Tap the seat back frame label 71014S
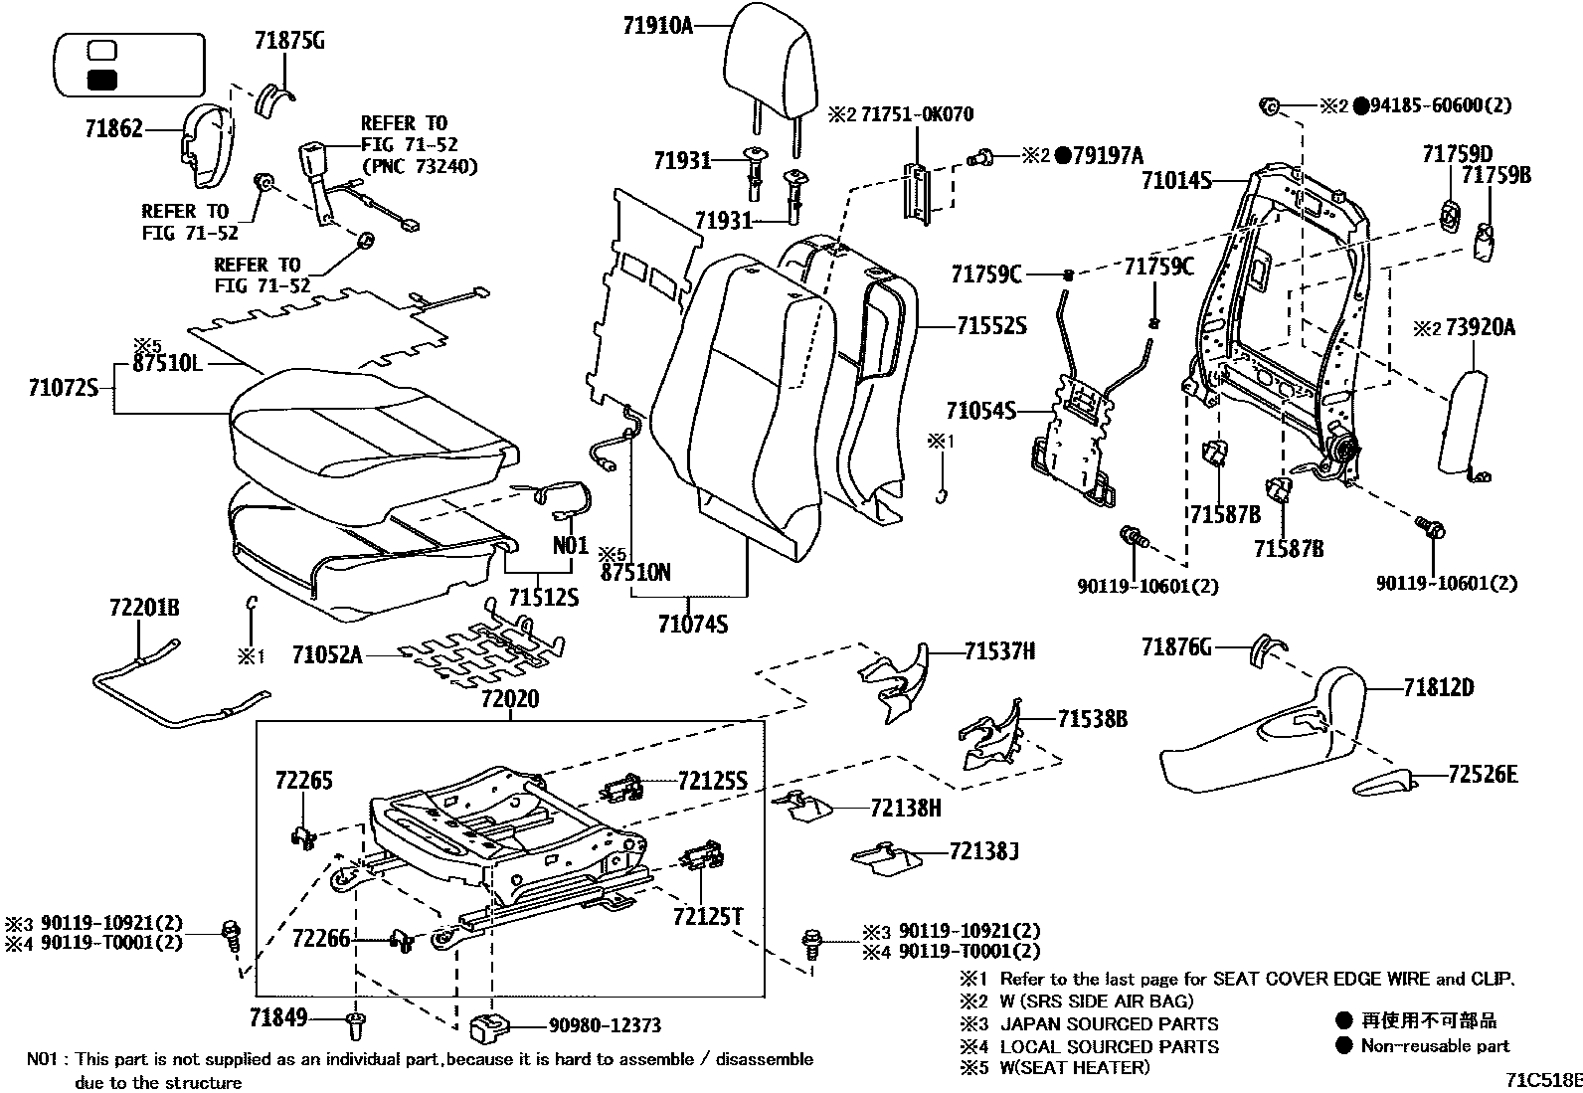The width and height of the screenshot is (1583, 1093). (x=1176, y=181)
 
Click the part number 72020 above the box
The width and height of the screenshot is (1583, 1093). (x=510, y=699)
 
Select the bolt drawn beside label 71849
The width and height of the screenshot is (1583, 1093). (x=356, y=1021)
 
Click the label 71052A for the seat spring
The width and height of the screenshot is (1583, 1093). (x=327, y=654)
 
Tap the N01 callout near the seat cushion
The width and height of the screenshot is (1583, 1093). (x=571, y=546)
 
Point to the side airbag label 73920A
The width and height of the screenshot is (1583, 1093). (x=1480, y=327)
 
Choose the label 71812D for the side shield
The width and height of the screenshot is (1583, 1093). (x=1438, y=687)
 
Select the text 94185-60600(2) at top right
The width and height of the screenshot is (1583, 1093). (x=1442, y=105)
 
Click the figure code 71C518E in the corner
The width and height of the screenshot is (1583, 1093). (x=1542, y=1079)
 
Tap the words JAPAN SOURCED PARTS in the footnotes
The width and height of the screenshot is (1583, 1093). (x=1109, y=1023)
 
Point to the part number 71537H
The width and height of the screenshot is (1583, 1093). (x=999, y=651)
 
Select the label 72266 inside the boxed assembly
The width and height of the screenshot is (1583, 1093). (x=321, y=938)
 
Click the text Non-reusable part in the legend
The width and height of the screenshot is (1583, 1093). (x=1435, y=1045)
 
